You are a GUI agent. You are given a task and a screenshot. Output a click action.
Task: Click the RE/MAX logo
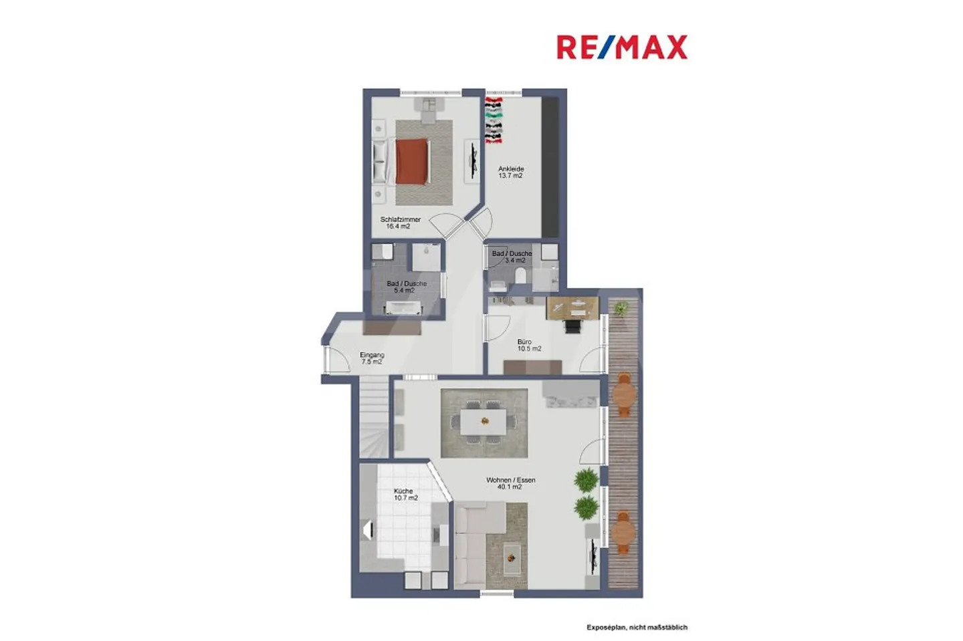click(621, 47)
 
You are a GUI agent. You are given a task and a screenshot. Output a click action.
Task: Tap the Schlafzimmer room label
click(400, 223)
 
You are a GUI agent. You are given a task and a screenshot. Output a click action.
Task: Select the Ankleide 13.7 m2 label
click(511, 172)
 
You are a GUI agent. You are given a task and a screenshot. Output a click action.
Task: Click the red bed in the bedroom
click(411, 160)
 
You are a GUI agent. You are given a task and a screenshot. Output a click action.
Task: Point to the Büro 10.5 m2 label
click(528, 345)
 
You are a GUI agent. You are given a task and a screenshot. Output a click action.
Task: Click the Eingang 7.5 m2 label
click(372, 358)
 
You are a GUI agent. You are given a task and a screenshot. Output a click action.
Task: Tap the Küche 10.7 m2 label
click(405, 495)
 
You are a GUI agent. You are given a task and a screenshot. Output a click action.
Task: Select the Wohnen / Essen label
click(510, 483)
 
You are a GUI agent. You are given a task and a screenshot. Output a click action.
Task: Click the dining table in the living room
click(484, 421)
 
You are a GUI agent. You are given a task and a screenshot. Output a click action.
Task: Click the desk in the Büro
click(572, 307)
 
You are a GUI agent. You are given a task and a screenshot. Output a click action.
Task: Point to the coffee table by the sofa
click(512, 553)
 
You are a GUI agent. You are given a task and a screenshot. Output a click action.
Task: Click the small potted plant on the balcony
click(621, 309)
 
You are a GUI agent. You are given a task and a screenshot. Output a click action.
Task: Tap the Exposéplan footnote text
click(637, 627)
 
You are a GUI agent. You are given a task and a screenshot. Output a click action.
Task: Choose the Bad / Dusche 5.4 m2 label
click(406, 287)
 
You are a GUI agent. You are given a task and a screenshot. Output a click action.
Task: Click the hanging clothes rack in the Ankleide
click(494, 121)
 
